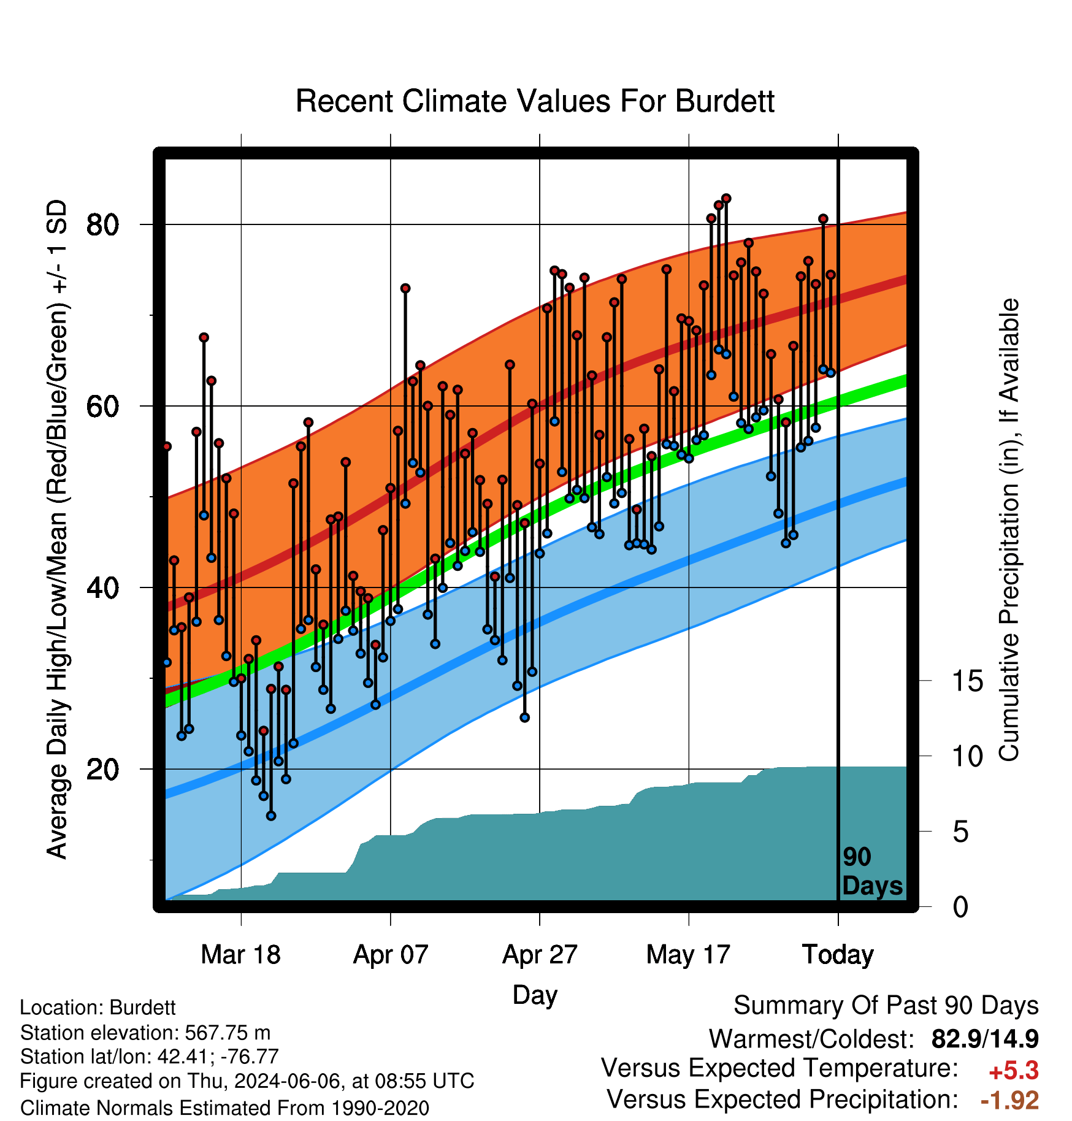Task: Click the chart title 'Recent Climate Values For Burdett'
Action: [x=535, y=101]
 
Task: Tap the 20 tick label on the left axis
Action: [x=103, y=769]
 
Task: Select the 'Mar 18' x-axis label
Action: [x=241, y=954]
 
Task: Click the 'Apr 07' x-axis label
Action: [x=391, y=954]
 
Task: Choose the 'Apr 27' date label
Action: [x=540, y=954]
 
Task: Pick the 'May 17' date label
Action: [x=689, y=954]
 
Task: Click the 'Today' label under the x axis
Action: [x=838, y=954]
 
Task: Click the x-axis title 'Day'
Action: [x=535, y=995]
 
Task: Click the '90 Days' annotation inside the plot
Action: [x=872, y=871]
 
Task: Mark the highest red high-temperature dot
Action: [x=726, y=198]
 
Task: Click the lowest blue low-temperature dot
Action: [x=271, y=816]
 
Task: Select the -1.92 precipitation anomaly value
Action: [x=1010, y=1100]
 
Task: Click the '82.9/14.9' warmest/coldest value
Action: [x=985, y=1039]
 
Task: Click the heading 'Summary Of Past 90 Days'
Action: [x=886, y=1006]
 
